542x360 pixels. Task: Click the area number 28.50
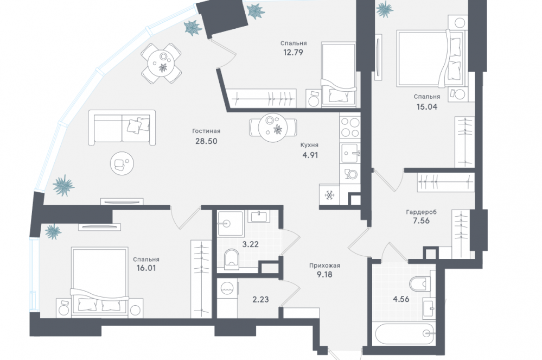pos(206,141)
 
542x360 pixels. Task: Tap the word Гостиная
pos(206,131)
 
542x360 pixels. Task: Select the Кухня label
pos(309,145)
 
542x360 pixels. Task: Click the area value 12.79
pos(293,53)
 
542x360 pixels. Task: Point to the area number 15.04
pos(427,106)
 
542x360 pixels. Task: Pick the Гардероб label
pos(422,212)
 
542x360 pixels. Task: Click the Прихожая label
pos(324,266)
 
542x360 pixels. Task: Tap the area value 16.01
pos(146,268)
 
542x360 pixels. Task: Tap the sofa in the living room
pos(122,128)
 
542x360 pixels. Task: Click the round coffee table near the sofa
pos(122,163)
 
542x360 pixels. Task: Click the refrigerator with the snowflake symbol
pos(329,195)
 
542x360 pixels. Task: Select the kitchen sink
pos(350,154)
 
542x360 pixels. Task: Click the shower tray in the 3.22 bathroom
pos(230,224)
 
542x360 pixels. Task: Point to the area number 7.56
pos(421,220)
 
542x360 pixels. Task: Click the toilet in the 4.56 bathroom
pos(419,284)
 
